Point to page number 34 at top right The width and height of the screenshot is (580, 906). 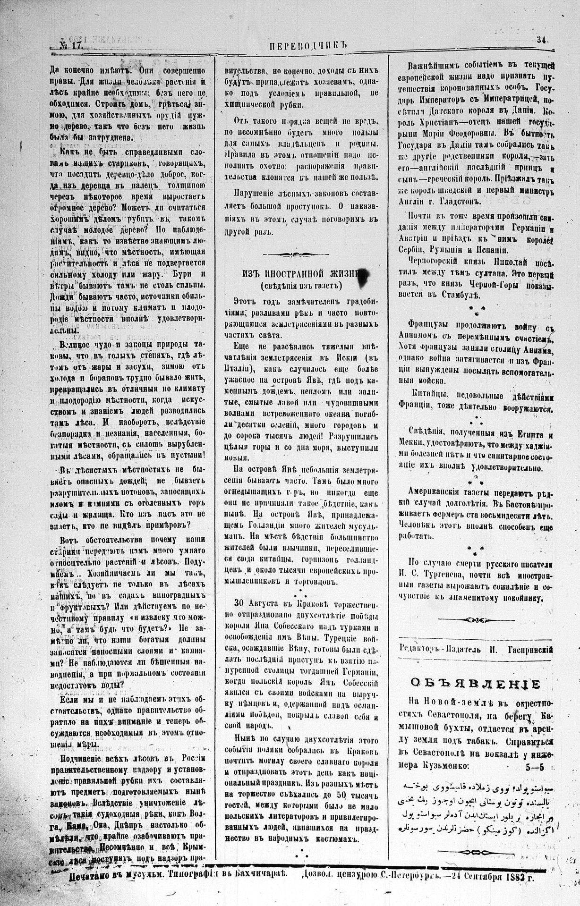[541, 41]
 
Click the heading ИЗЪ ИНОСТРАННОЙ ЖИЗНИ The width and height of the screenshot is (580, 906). [301, 274]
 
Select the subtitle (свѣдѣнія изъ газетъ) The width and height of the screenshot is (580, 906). [301, 286]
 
